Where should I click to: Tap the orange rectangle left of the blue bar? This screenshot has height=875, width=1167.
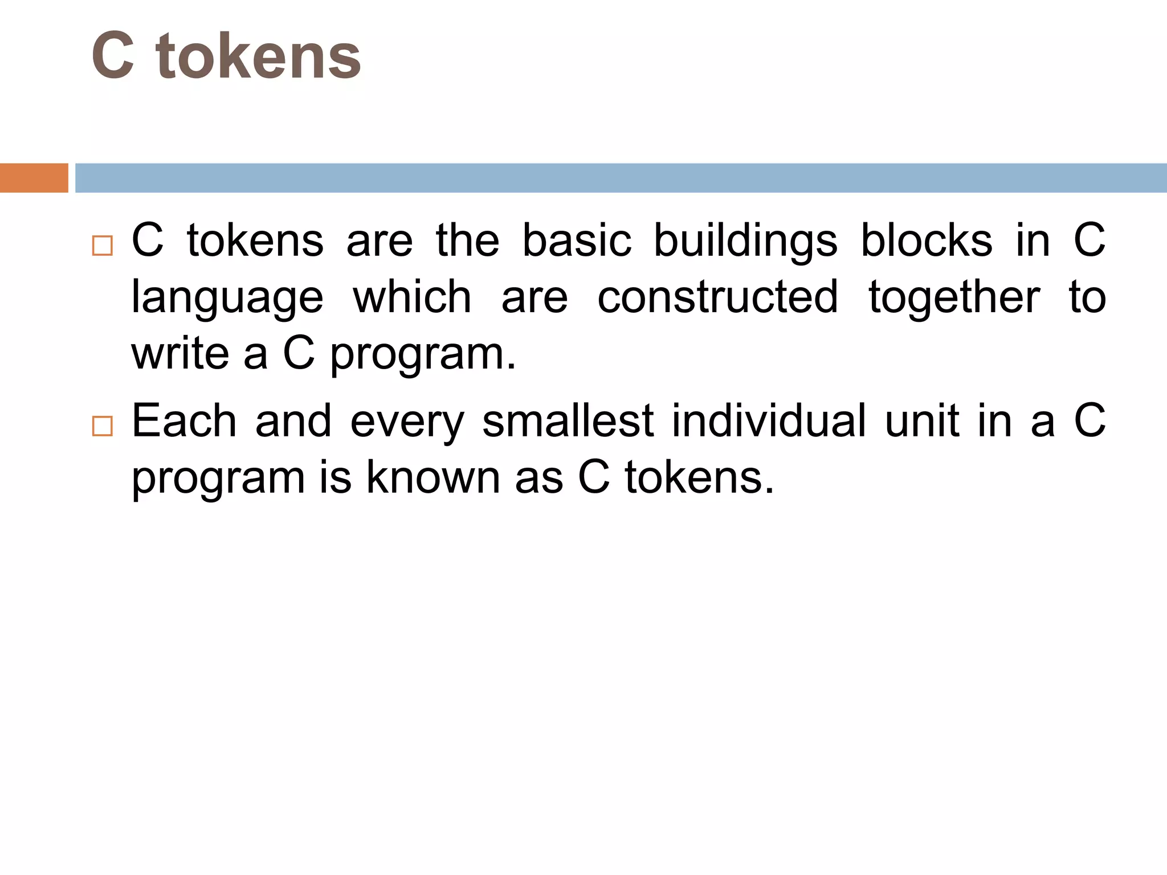tap(34, 178)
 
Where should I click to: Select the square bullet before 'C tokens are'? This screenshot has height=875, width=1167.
tap(102, 246)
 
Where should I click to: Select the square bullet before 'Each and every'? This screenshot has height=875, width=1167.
tap(102, 426)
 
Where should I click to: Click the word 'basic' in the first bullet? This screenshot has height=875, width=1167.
tap(577, 240)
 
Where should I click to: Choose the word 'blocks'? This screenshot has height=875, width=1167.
tap(927, 240)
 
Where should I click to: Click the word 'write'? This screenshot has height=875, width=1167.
tap(180, 353)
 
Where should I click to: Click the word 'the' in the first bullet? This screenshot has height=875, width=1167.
tap(467, 240)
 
